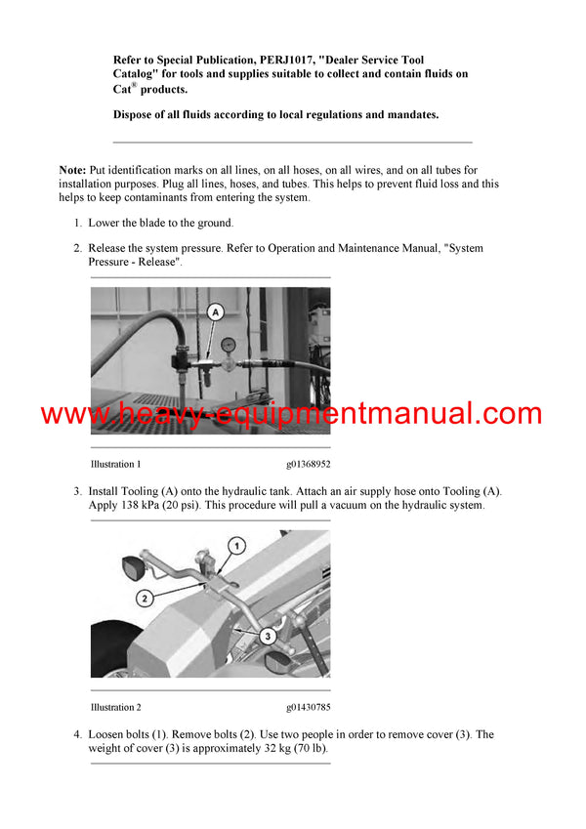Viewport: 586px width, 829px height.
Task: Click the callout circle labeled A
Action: click(216, 311)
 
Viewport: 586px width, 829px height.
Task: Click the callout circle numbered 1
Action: click(235, 544)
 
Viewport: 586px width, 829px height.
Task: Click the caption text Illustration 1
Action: click(115, 464)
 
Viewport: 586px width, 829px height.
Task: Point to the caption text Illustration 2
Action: click(115, 707)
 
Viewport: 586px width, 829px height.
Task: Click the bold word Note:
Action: click(72, 170)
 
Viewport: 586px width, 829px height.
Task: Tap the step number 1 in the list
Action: click(77, 223)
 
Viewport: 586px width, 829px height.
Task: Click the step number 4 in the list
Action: click(77, 734)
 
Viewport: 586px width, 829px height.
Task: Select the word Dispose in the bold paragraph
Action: click(137, 115)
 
